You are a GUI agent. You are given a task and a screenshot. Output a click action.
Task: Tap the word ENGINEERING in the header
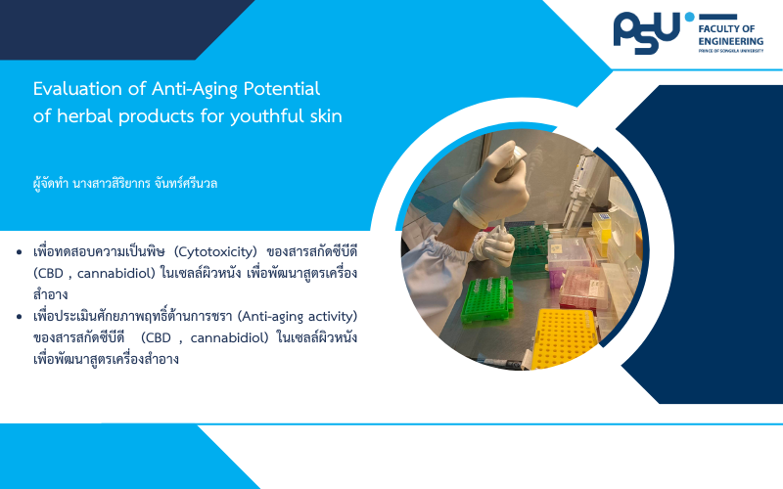730,41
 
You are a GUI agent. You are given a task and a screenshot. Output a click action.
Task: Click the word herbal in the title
85,116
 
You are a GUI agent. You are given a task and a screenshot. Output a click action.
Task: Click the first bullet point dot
20,252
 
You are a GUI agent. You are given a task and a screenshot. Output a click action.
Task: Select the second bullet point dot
20,317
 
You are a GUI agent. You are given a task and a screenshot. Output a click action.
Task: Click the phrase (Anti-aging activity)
298,317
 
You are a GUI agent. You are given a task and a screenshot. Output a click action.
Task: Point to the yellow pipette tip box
566,337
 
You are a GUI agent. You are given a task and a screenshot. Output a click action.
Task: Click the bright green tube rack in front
486,298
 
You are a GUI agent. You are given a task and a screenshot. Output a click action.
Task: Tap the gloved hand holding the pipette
492,186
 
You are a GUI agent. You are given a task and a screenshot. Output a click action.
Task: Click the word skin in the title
326,116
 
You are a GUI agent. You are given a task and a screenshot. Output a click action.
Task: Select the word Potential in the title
282,89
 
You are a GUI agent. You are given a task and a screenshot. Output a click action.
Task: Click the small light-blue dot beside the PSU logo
690,17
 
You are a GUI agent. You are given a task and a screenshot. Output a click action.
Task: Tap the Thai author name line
125,184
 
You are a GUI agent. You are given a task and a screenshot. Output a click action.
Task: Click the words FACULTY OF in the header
726,28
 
